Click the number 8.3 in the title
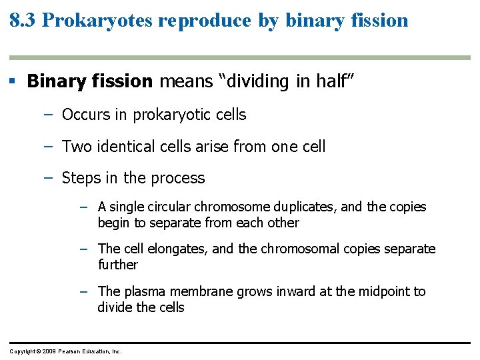pos(23,20)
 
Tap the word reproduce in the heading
pos(205,20)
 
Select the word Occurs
pos(85,115)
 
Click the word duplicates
pos(299,207)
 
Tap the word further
pos(117,265)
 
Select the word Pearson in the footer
pos(71,351)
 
